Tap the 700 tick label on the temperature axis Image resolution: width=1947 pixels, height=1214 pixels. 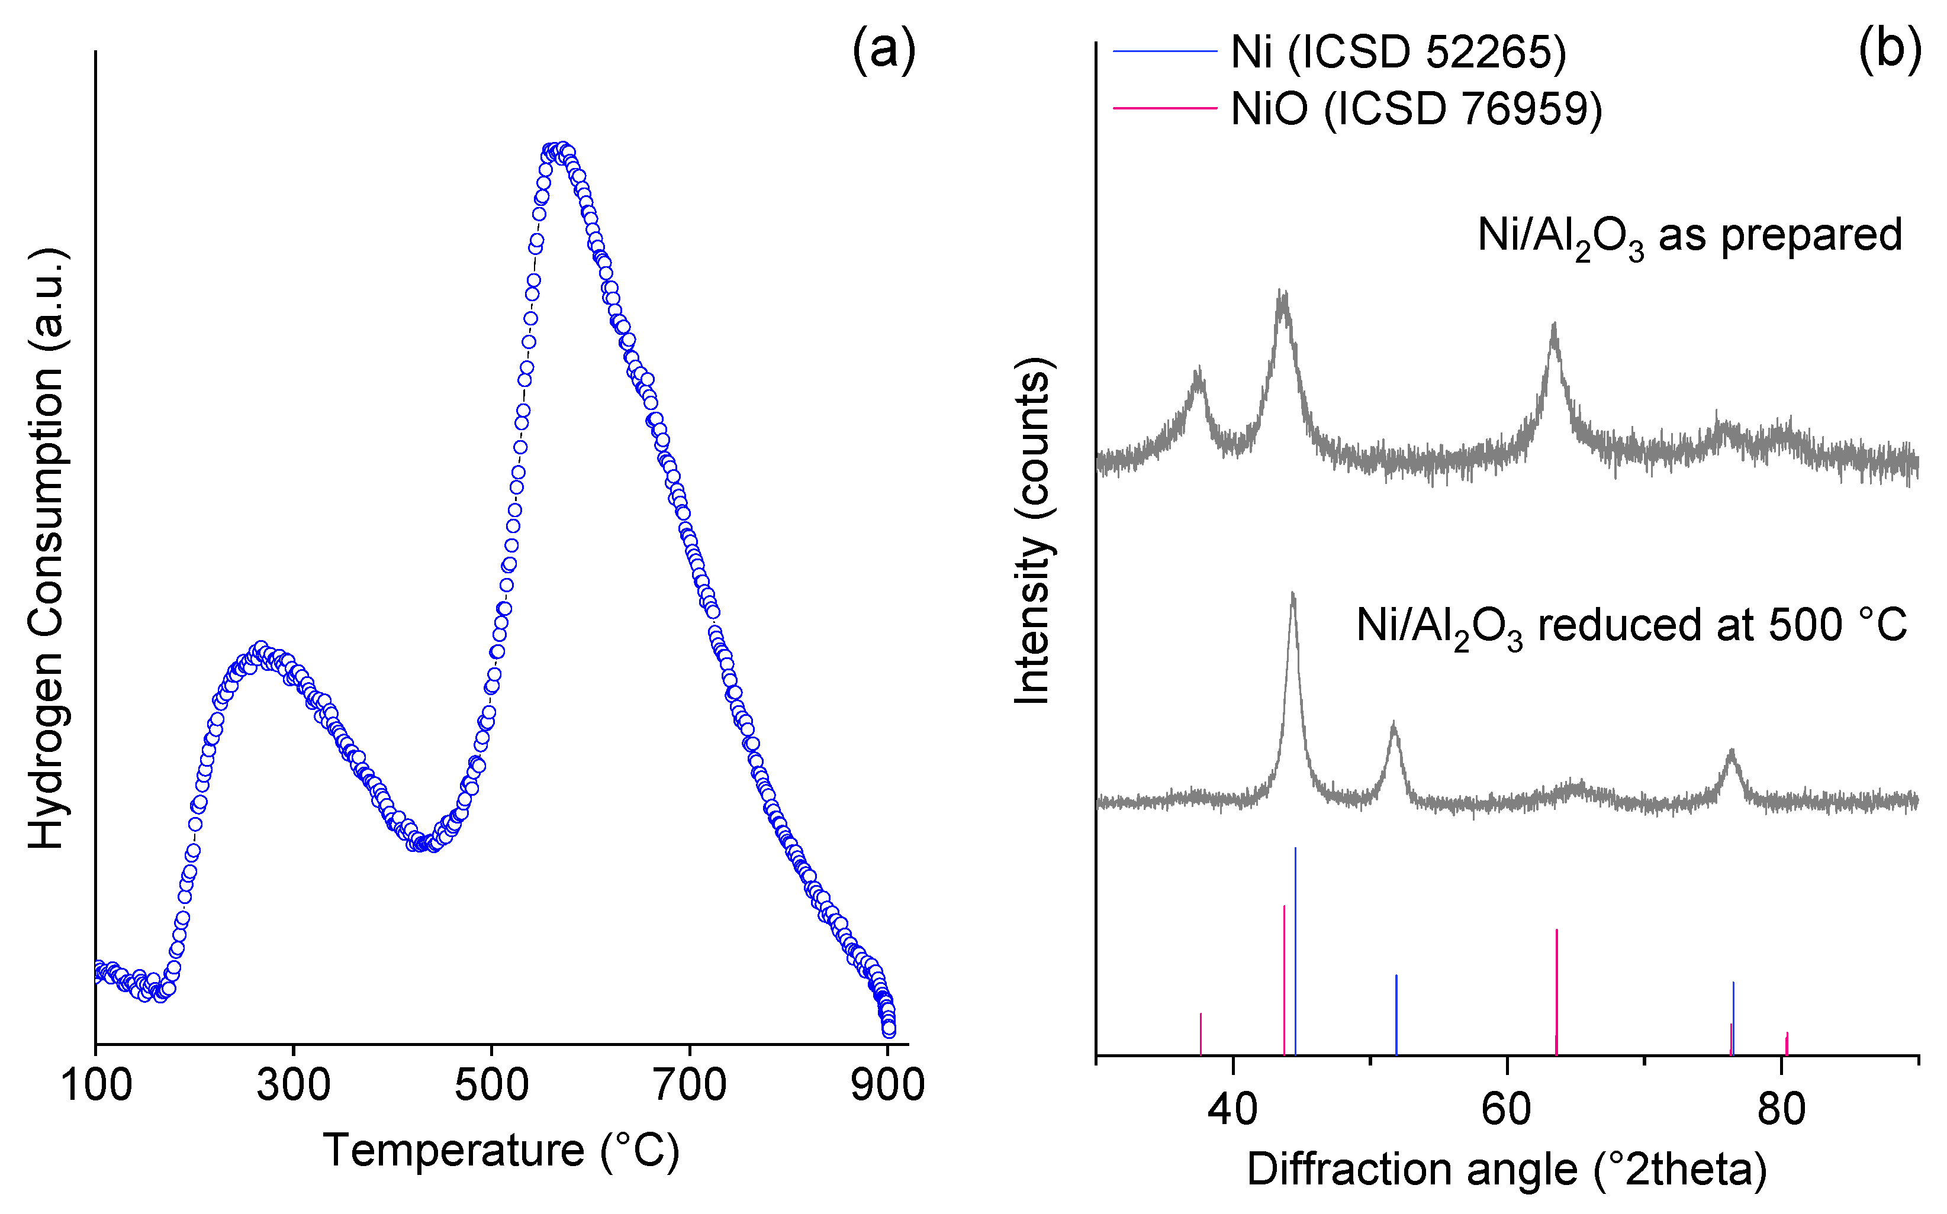689,1086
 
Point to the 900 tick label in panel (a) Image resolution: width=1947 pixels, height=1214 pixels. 887,1086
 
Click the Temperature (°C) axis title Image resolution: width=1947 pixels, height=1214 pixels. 501,1151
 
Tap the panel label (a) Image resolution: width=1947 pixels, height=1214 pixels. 884,50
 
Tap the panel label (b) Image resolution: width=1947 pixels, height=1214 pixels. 1889,50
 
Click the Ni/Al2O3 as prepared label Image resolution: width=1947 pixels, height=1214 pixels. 1689,236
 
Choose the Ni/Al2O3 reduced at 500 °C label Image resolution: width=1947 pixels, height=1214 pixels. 1630,625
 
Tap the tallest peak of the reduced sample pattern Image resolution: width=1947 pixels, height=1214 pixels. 1292,596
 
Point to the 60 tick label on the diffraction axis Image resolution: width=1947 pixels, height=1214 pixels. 1507,1109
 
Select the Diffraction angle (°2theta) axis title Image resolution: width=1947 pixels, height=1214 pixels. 1507,1169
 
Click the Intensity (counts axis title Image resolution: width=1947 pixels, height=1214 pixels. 1033,531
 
